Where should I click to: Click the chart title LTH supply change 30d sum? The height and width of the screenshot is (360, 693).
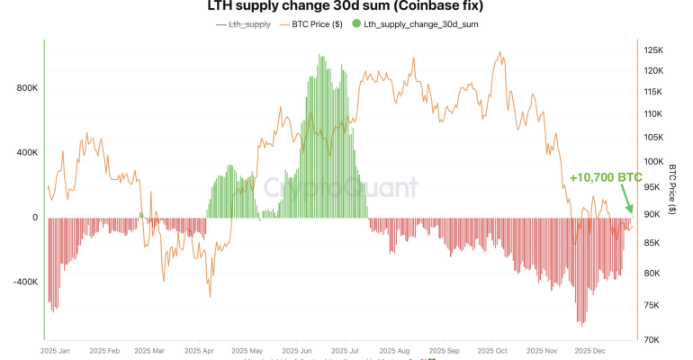pyautogui.click(x=346, y=6)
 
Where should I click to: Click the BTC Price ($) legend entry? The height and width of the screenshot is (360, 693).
pyautogui.click(x=310, y=24)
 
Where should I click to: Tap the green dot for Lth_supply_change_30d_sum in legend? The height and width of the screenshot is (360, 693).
pyautogui.click(x=357, y=24)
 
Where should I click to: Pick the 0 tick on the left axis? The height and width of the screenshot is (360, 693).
pyautogui.click(x=34, y=218)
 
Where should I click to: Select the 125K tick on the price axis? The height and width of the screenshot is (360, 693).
pyautogui.click(x=654, y=49)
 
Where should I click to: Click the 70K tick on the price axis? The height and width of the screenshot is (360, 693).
pyautogui.click(x=652, y=339)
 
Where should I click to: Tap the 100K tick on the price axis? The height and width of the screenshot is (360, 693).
pyautogui.click(x=654, y=161)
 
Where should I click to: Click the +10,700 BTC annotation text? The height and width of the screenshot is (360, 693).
pyautogui.click(x=605, y=178)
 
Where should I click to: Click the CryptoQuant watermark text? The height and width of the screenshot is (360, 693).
pyautogui.click(x=340, y=187)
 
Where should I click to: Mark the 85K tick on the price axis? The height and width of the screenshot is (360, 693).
pyautogui.click(x=654, y=243)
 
